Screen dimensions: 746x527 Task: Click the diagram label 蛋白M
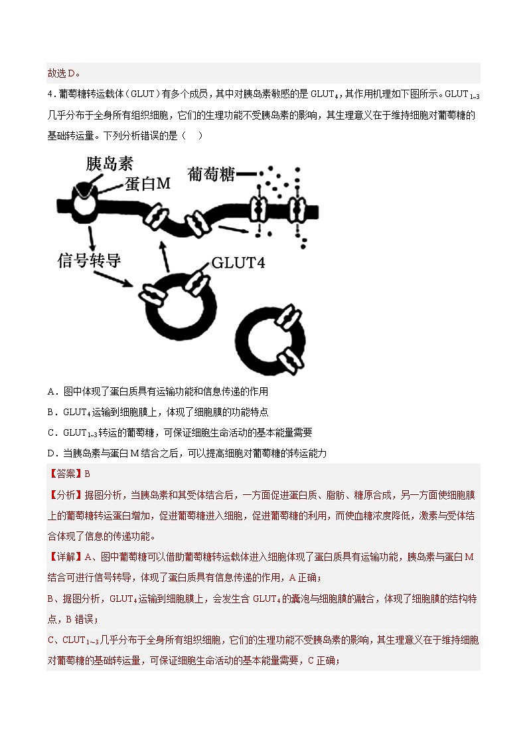[146, 184]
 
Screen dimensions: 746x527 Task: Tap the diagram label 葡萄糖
[212, 174]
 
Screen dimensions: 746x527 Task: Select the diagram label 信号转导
[90, 260]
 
